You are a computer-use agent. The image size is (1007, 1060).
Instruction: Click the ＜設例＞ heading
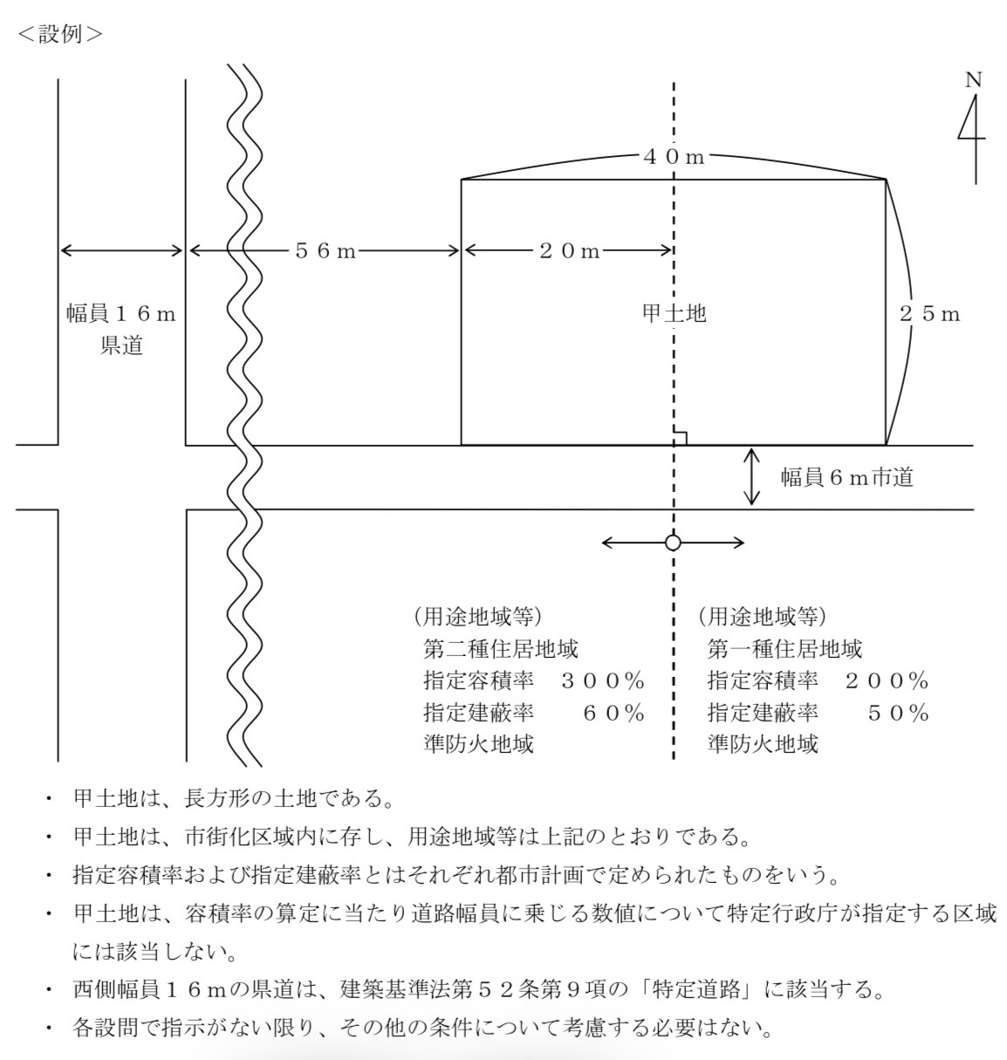point(60,34)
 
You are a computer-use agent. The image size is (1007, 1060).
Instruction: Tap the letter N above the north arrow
point(973,80)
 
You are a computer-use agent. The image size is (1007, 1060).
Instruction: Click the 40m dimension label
point(674,157)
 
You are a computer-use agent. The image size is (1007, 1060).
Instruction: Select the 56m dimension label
point(325,250)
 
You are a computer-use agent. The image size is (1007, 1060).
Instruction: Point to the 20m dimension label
point(570,250)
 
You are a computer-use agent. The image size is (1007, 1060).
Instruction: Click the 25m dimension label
point(930,314)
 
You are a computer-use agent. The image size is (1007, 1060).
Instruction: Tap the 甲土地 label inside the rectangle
point(675,313)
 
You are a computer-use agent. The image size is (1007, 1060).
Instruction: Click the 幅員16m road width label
point(121,313)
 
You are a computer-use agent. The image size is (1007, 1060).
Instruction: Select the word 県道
point(122,345)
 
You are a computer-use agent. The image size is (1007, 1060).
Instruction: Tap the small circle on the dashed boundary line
point(673,543)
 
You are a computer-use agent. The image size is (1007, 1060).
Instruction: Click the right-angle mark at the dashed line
point(680,438)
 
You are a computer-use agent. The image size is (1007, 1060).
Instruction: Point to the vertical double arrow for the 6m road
point(751,477)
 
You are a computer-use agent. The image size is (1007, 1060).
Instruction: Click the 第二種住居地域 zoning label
point(501,648)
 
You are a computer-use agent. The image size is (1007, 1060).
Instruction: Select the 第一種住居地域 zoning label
point(784,648)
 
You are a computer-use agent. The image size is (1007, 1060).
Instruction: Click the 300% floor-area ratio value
point(603,681)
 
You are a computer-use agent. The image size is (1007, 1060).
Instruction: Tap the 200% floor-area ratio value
point(887,681)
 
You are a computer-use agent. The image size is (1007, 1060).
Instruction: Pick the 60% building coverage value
point(613,714)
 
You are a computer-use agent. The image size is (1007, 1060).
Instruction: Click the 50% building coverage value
point(898,714)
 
